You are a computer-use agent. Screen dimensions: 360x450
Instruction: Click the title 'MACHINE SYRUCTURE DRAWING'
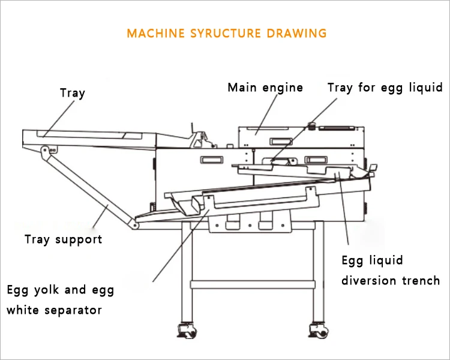click(x=227, y=33)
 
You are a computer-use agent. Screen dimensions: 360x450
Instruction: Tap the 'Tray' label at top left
click(x=73, y=93)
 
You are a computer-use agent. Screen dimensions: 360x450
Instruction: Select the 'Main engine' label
click(x=265, y=88)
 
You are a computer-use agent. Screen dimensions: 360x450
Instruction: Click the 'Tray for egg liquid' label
click(x=385, y=88)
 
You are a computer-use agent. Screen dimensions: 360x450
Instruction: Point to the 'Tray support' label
click(x=63, y=239)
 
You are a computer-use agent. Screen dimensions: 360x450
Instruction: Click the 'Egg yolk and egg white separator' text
click(x=60, y=300)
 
